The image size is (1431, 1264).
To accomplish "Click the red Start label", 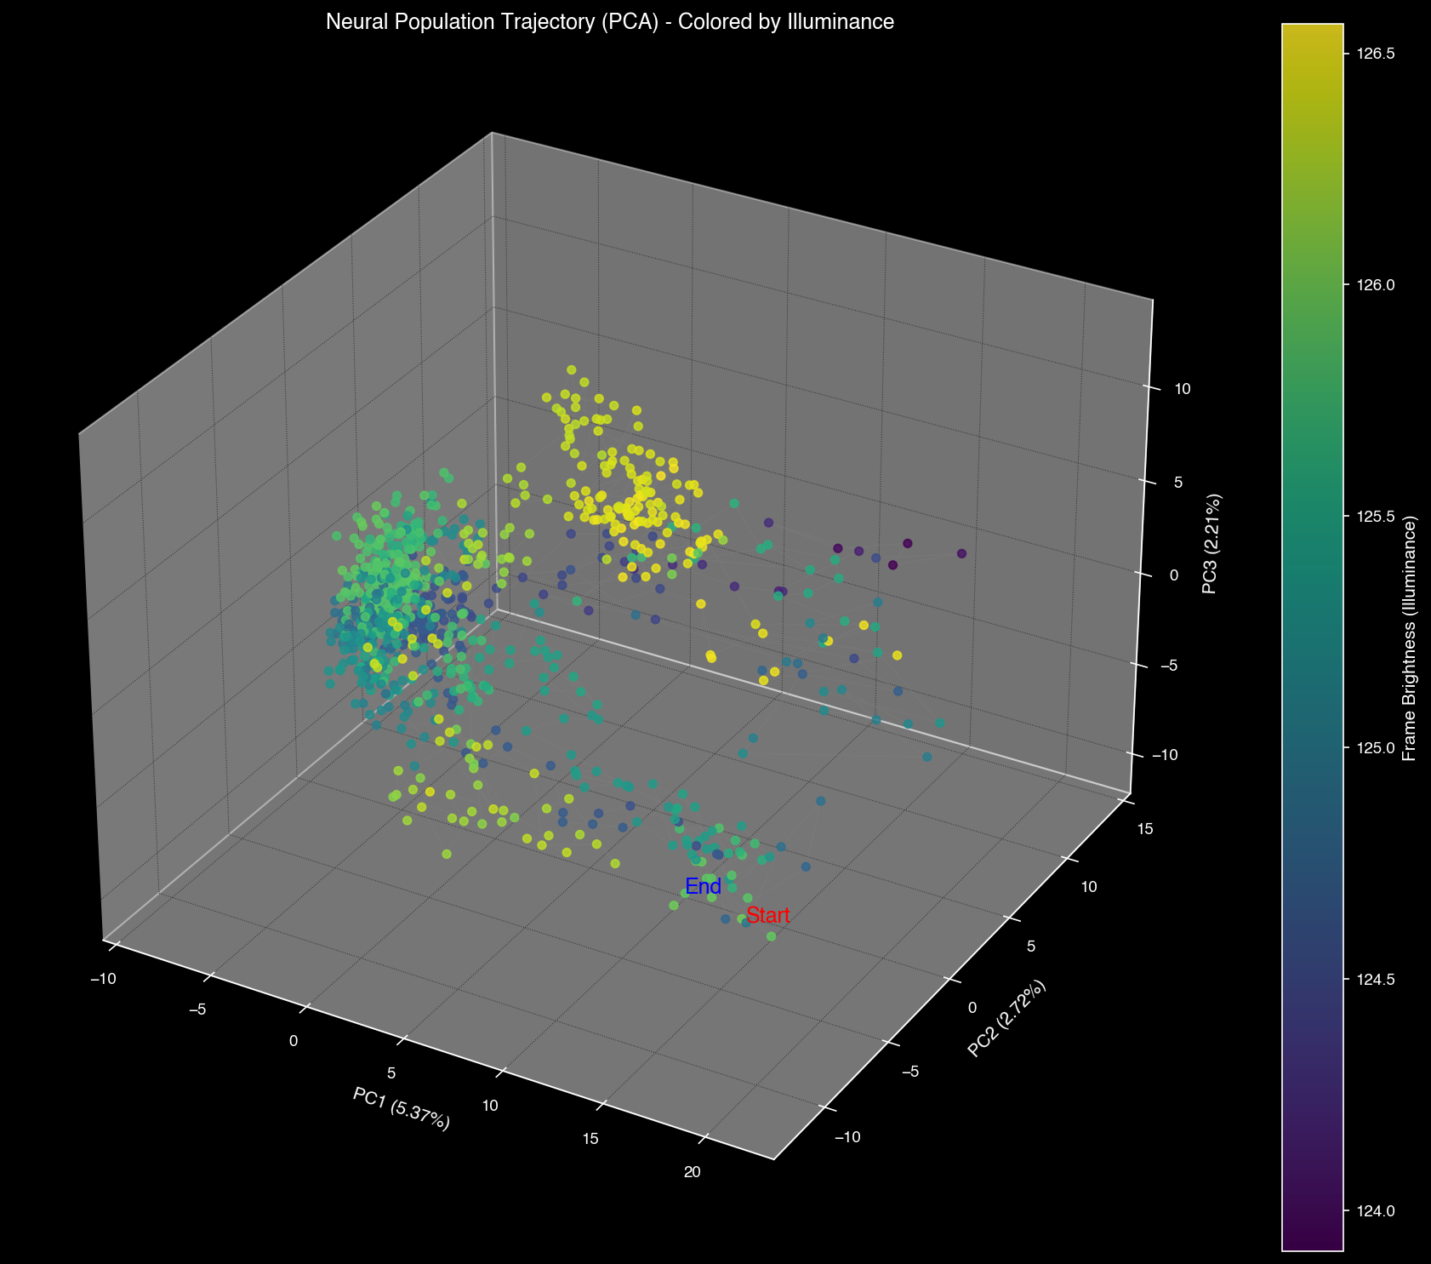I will coord(767,917).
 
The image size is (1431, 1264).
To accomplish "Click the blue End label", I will coord(703,887).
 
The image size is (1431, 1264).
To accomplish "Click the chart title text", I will coord(609,23).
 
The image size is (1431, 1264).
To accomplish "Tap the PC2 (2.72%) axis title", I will coord(1006,1019).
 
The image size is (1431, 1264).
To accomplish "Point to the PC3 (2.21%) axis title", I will coord(1210,543).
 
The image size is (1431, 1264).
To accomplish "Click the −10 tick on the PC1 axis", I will coord(103,979).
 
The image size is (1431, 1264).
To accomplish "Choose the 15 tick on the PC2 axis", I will coord(1145,829).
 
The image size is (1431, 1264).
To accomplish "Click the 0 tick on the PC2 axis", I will coord(972,1008).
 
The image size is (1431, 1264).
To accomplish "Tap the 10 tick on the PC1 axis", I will coord(490,1106).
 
